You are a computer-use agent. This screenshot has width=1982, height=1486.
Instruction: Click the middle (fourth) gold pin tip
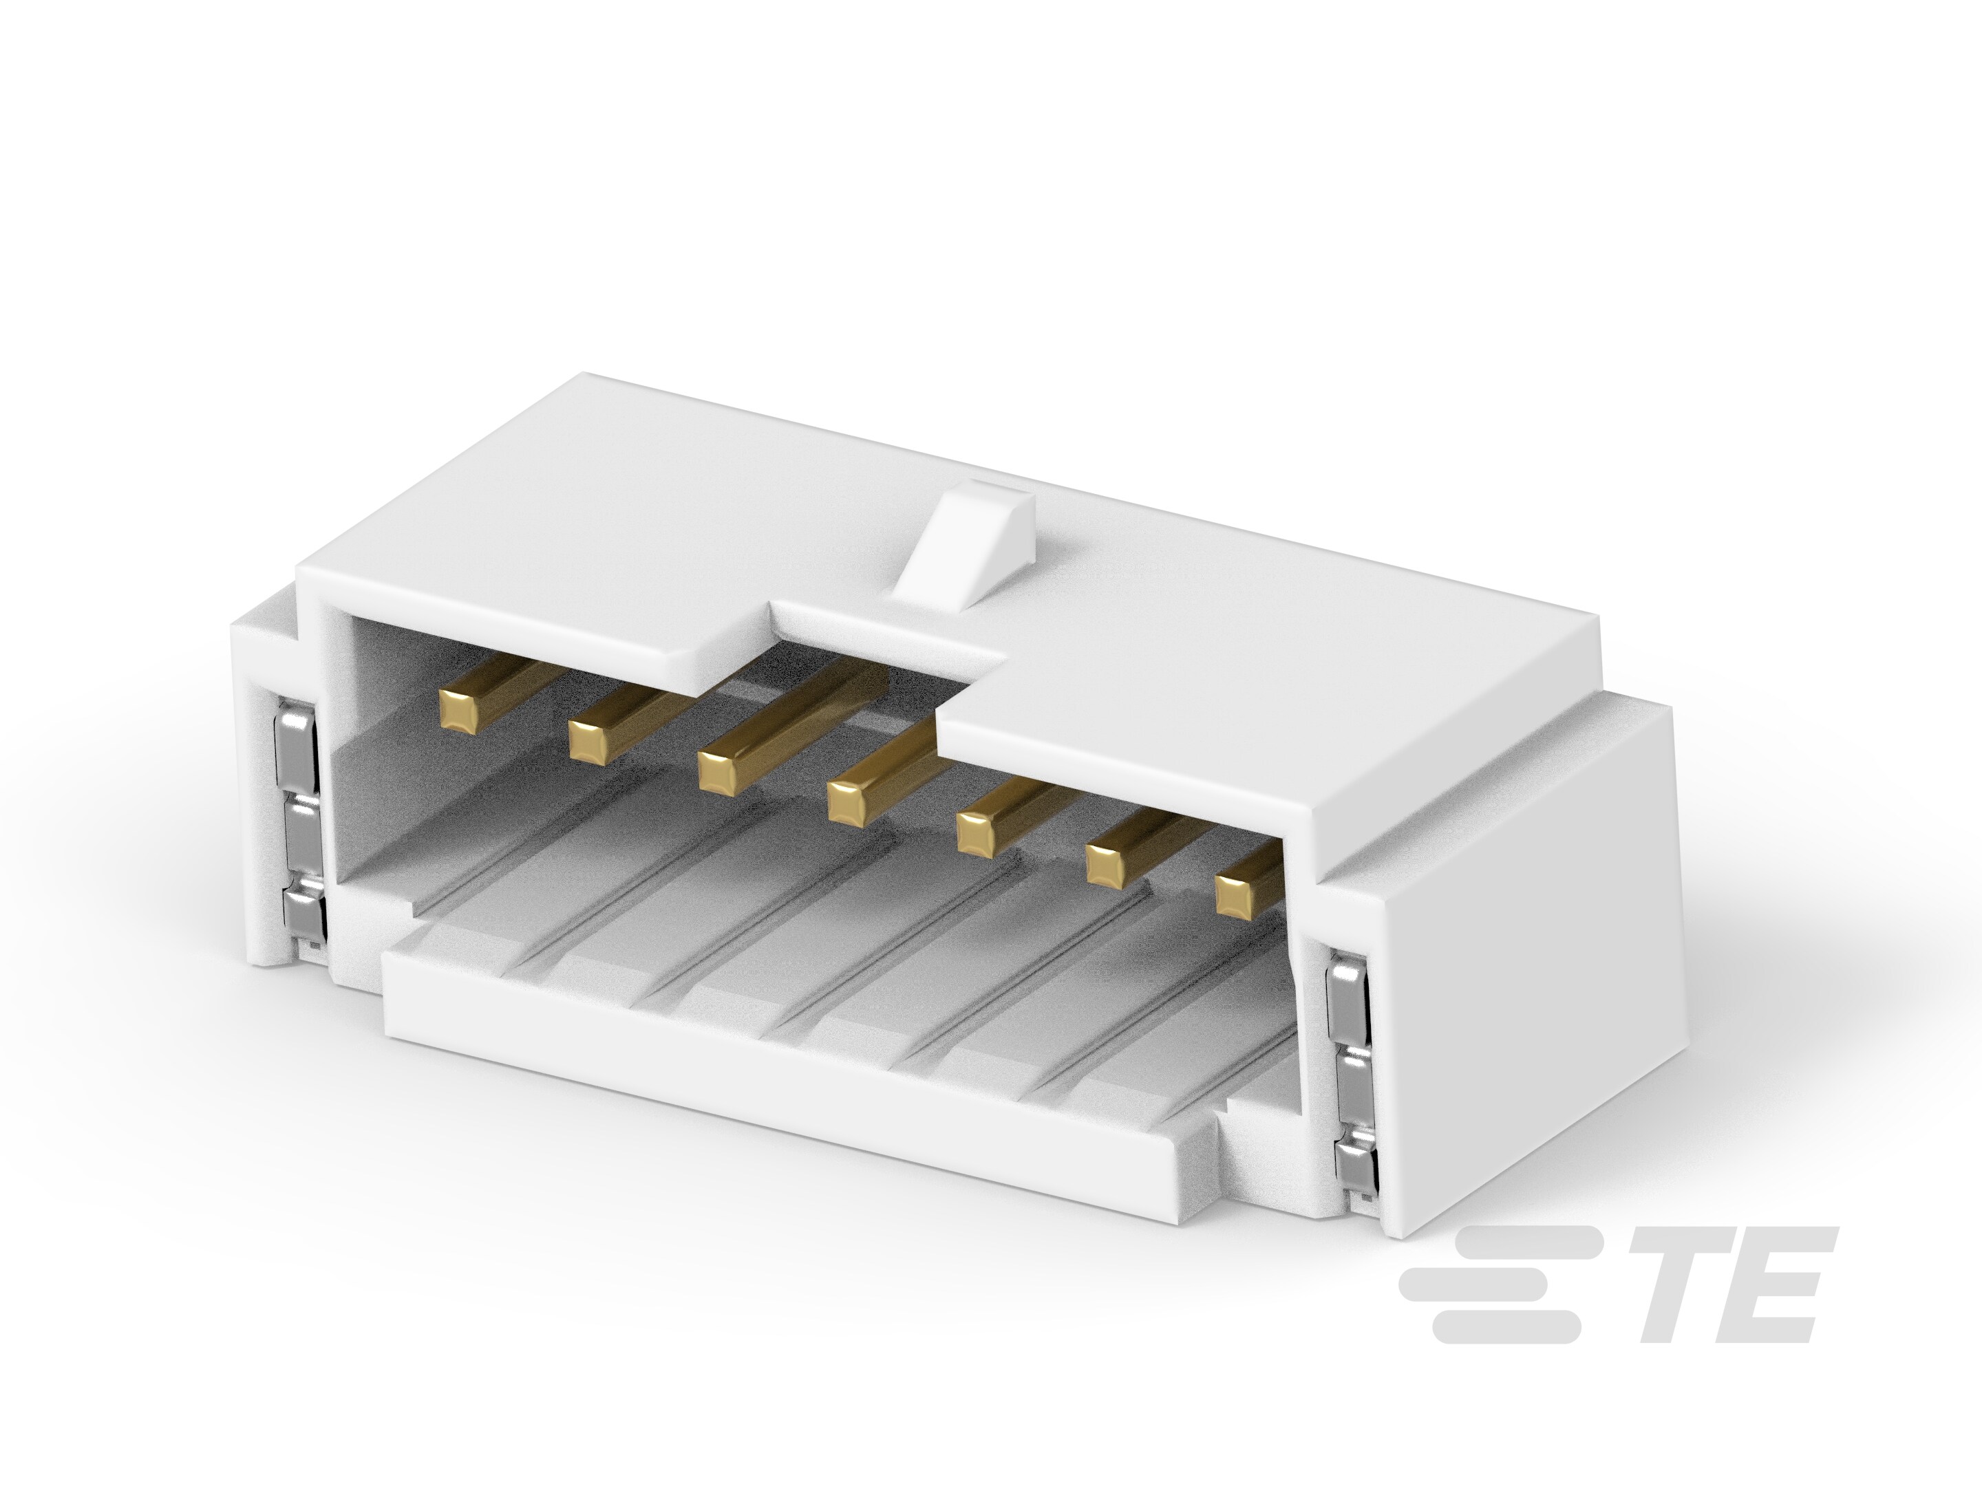pyautogui.click(x=849, y=801)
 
